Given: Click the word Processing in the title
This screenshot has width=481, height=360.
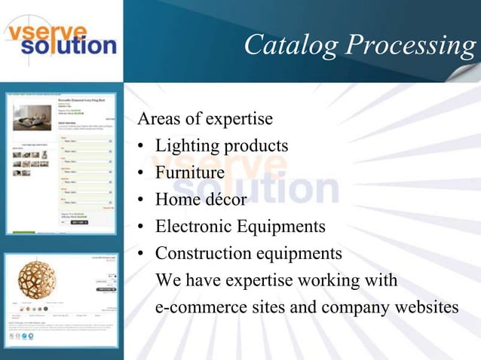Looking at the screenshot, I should pyautogui.click(x=412, y=46).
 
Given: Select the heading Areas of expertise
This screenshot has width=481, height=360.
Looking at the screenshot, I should pyautogui.click(x=204, y=119).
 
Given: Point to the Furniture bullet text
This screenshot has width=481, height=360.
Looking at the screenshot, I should pyautogui.click(x=190, y=172).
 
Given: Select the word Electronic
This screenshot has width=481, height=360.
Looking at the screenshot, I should pyautogui.click(x=192, y=226).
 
